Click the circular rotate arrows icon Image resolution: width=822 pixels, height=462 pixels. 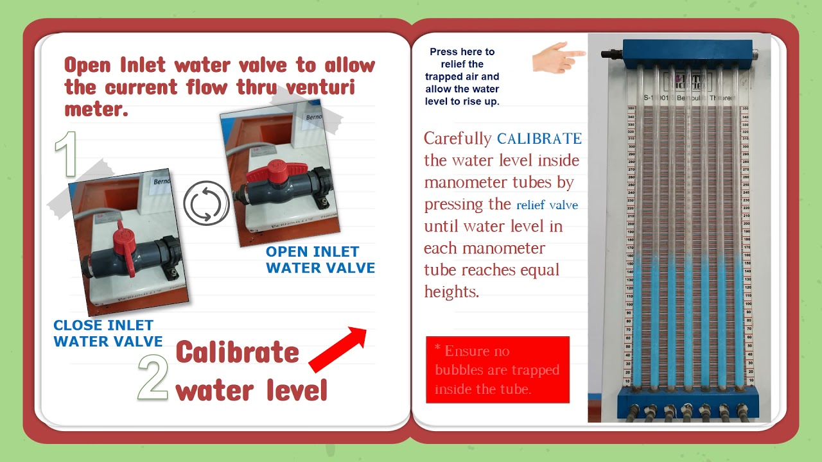pos(206,203)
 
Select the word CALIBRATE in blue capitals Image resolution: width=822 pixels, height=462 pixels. pos(539,139)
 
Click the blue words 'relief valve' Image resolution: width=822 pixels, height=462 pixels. pos(547,205)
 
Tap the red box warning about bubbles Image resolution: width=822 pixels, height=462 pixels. pos(498,370)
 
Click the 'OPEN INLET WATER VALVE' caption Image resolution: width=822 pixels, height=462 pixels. pos(320,259)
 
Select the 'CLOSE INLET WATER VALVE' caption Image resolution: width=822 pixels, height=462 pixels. pos(108,333)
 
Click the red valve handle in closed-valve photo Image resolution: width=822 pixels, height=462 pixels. pos(122,247)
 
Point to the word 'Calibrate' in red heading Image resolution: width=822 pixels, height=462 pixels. pos(238,352)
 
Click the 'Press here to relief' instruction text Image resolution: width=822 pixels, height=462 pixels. pos(462,76)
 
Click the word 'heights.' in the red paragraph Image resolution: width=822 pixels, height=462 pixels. pos(451,292)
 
